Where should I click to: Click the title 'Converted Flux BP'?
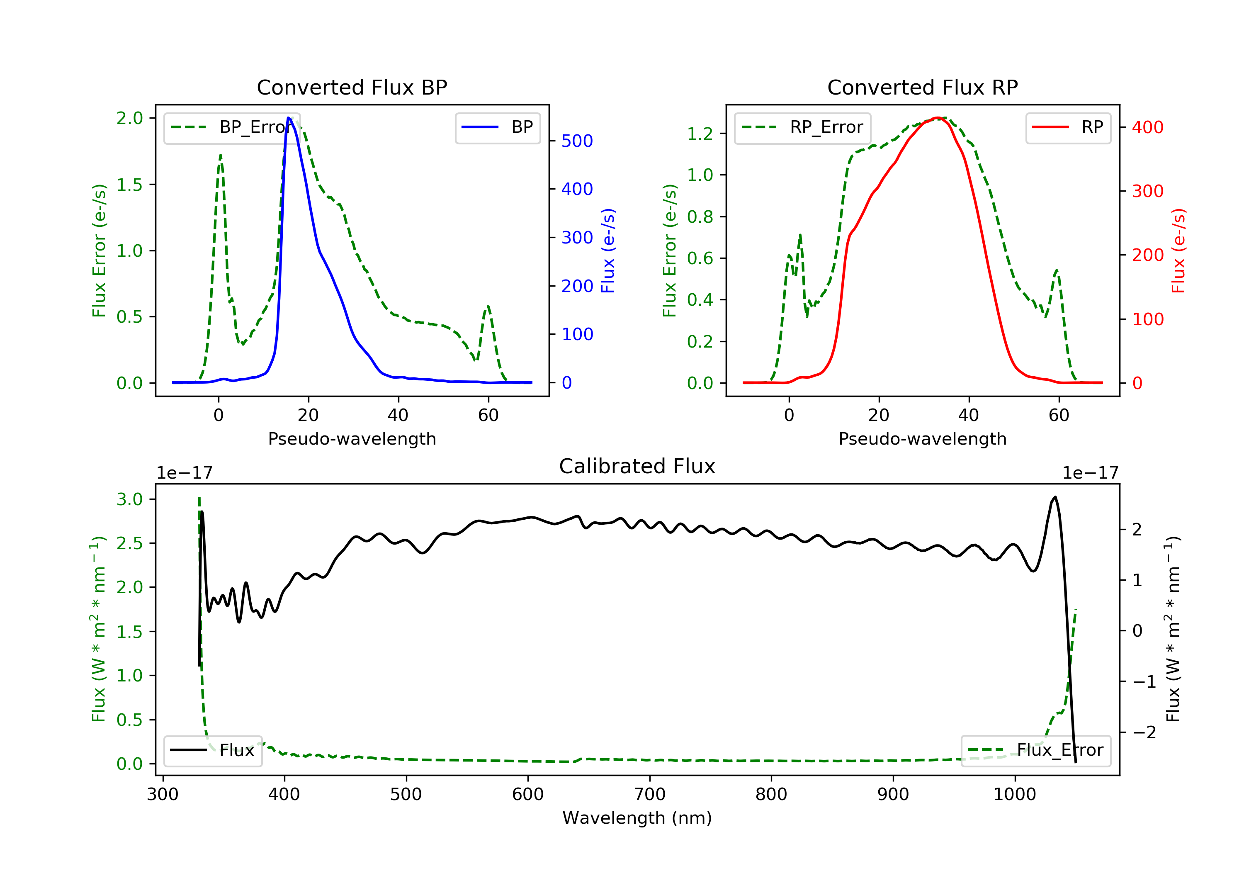352,87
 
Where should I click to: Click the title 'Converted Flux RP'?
922,87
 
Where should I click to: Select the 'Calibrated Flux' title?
637,466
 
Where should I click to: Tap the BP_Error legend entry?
232,127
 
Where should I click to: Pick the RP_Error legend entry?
802,127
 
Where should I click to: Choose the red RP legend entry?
1068,127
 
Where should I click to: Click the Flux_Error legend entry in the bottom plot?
1035,750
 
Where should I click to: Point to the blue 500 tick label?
577,141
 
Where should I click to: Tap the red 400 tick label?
1147,127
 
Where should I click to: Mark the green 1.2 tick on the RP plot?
700,133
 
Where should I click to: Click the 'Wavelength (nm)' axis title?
637,818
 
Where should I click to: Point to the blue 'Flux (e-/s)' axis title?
608,251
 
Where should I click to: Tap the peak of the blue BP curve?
289,118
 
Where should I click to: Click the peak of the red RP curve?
937,118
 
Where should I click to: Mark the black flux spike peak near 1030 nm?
1054,497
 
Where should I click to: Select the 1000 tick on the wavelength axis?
1014,795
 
